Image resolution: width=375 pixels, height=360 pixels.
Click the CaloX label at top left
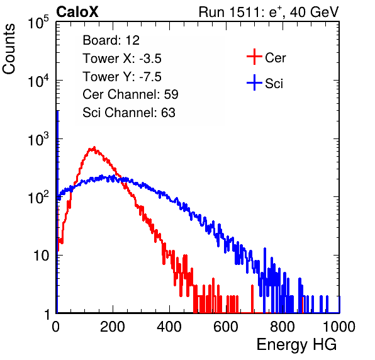(x=77, y=12)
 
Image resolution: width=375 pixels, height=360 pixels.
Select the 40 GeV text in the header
(x=314, y=12)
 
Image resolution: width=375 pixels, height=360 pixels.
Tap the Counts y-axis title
(x=9, y=48)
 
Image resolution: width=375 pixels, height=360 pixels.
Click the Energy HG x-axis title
(x=296, y=345)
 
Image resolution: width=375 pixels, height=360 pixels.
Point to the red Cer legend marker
(x=254, y=57)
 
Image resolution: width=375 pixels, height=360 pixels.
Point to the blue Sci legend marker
(x=254, y=83)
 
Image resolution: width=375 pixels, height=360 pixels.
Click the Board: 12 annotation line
(x=111, y=40)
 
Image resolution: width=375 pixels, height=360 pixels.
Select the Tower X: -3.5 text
(x=122, y=59)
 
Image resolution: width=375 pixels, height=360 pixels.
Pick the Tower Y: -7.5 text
(x=122, y=77)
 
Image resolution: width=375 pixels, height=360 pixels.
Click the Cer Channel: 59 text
(x=130, y=94)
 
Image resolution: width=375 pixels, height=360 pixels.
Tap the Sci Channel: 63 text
(x=129, y=113)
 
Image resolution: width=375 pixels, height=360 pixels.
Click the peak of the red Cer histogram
(x=94, y=147)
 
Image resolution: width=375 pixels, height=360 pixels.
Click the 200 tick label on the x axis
(x=113, y=327)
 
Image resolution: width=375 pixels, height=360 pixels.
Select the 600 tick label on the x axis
(x=226, y=327)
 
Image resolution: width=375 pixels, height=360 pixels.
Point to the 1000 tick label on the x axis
(x=339, y=327)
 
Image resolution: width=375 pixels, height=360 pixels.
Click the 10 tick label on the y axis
(x=42, y=256)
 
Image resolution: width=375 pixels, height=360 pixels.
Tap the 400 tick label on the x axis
(x=169, y=327)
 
